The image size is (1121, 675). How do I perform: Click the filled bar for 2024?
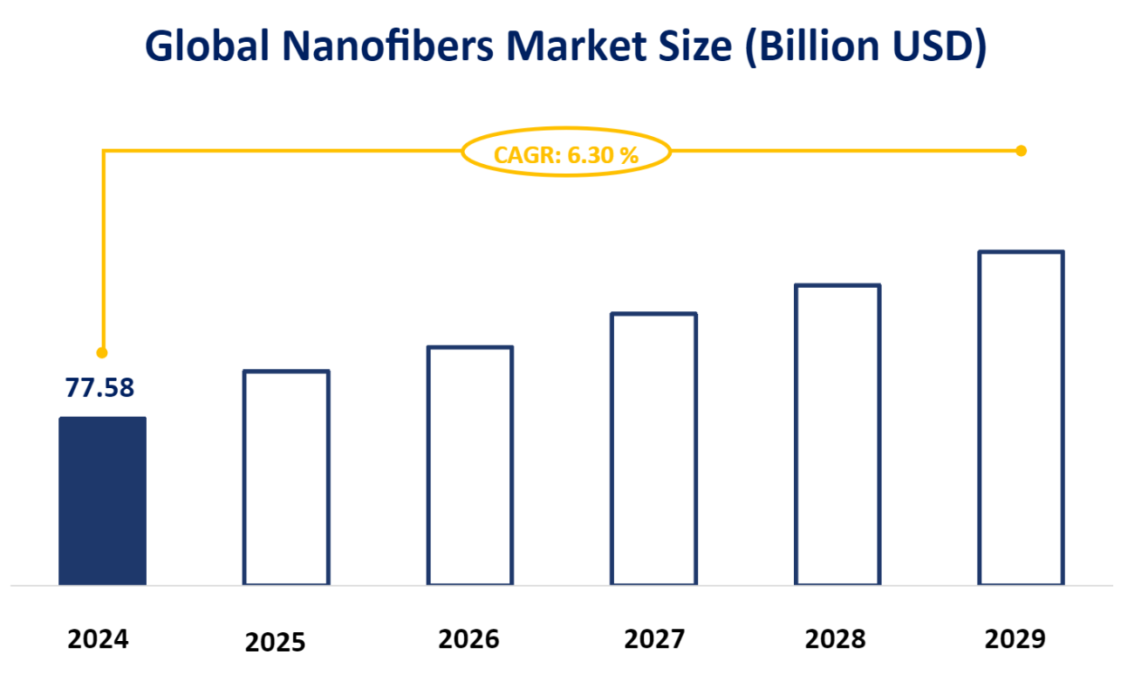click(102, 501)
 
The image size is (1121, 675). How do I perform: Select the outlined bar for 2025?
click(286, 477)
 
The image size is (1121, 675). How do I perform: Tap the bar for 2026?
click(470, 465)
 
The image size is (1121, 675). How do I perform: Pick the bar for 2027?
click(654, 448)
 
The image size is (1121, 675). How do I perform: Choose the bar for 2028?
click(837, 434)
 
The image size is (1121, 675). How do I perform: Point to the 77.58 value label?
click(100, 388)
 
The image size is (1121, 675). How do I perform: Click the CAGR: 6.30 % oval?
click(566, 154)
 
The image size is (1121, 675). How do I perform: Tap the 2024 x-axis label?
click(99, 639)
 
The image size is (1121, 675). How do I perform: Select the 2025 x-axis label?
click(276, 643)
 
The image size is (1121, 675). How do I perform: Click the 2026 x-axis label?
click(469, 639)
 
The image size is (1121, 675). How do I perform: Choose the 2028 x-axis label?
click(836, 639)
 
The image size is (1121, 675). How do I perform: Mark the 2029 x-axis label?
click(1015, 639)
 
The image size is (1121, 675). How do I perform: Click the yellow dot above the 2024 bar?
click(102, 353)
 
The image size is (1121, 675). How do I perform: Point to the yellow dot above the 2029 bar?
click(1022, 151)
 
